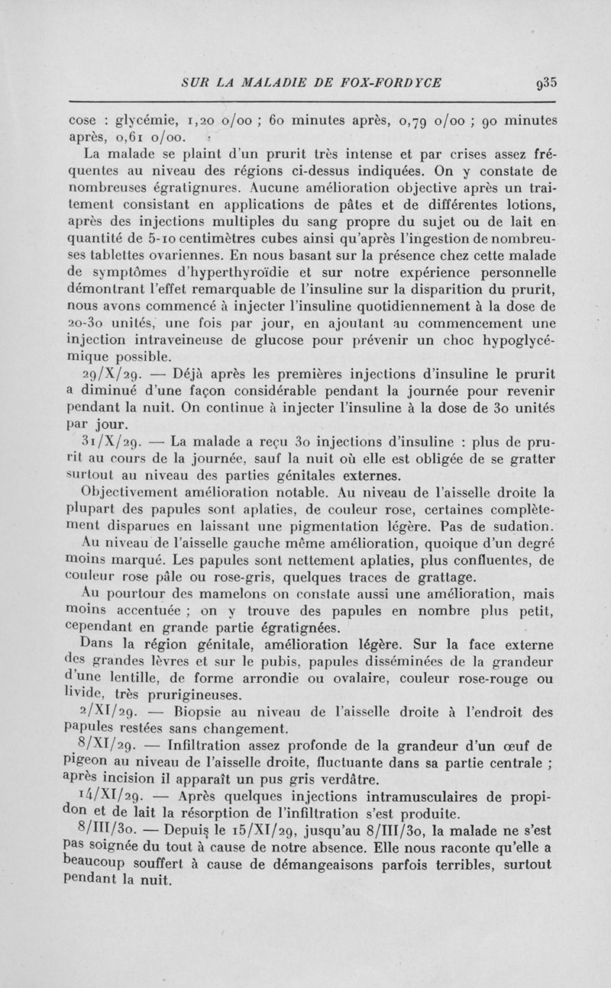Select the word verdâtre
(348, 784)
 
